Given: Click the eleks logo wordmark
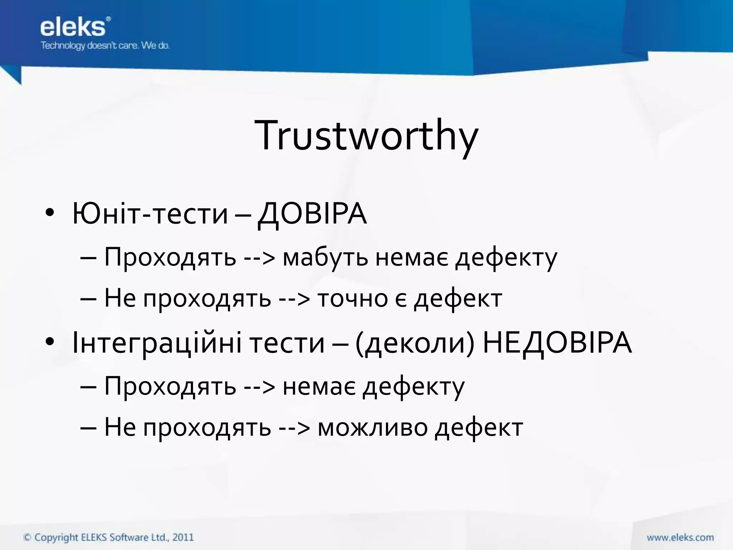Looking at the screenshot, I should pyautogui.click(x=73, y=28).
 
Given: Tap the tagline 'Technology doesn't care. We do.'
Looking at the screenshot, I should pyautogui.click(x=105, y=45).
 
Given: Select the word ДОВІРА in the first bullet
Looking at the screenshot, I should pyautogui.click(x=312, y=214).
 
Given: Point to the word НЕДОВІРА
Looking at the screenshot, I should pyautogui.click(x=557, y=343).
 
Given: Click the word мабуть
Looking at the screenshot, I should pyautogui.click(x=325, y=257).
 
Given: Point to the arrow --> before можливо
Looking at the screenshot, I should pyautogui.click(x=294, y=428).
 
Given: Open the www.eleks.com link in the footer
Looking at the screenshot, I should pyautogui.click(x=680, y=537).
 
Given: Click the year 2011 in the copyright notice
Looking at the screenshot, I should pyautogui.click(x=183, y=537).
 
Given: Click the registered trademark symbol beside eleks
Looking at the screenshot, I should pyautogui.click(x=108, y=19).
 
